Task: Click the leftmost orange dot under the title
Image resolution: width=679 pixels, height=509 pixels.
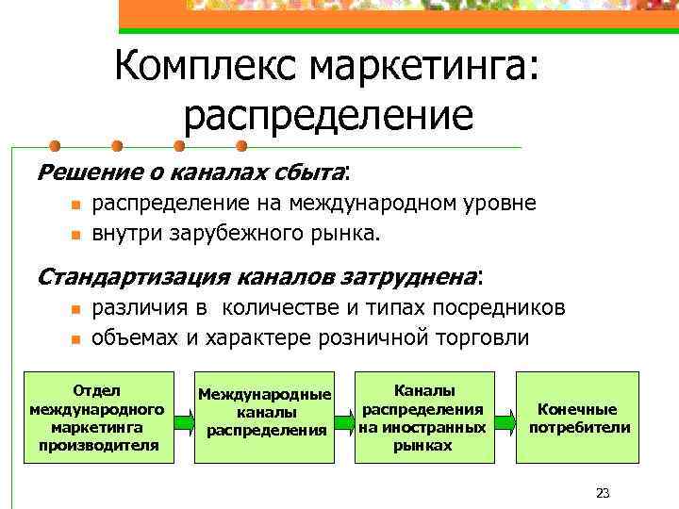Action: tap(56, 146)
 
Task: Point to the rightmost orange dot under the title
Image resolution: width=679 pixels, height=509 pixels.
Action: tap(240, 146)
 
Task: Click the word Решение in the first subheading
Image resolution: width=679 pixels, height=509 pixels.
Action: tap(75, 172)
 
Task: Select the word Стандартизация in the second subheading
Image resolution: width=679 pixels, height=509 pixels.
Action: tap(132, 276)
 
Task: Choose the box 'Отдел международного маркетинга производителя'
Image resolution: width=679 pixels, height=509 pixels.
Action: tap(98, 418)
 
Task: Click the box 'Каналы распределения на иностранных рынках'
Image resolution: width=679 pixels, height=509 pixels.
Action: tap(423, 418)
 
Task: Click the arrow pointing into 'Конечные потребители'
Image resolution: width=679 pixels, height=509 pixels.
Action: tap(505, 418)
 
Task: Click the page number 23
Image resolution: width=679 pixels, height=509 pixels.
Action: tap(604, 492)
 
